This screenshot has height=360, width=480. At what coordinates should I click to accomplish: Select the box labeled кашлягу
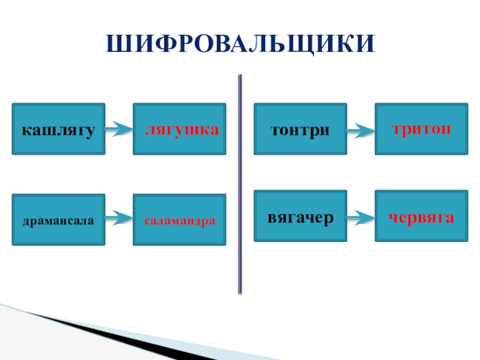59,129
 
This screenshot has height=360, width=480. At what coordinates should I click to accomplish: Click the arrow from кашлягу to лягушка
119,128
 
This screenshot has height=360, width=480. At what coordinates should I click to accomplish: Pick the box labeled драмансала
59,220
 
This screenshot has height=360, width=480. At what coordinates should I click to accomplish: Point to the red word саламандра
179,220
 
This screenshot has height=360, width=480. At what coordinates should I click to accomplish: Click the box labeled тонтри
300,129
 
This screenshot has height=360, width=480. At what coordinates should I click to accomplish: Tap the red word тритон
421,129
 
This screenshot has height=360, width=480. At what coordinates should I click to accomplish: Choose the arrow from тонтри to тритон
361,129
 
